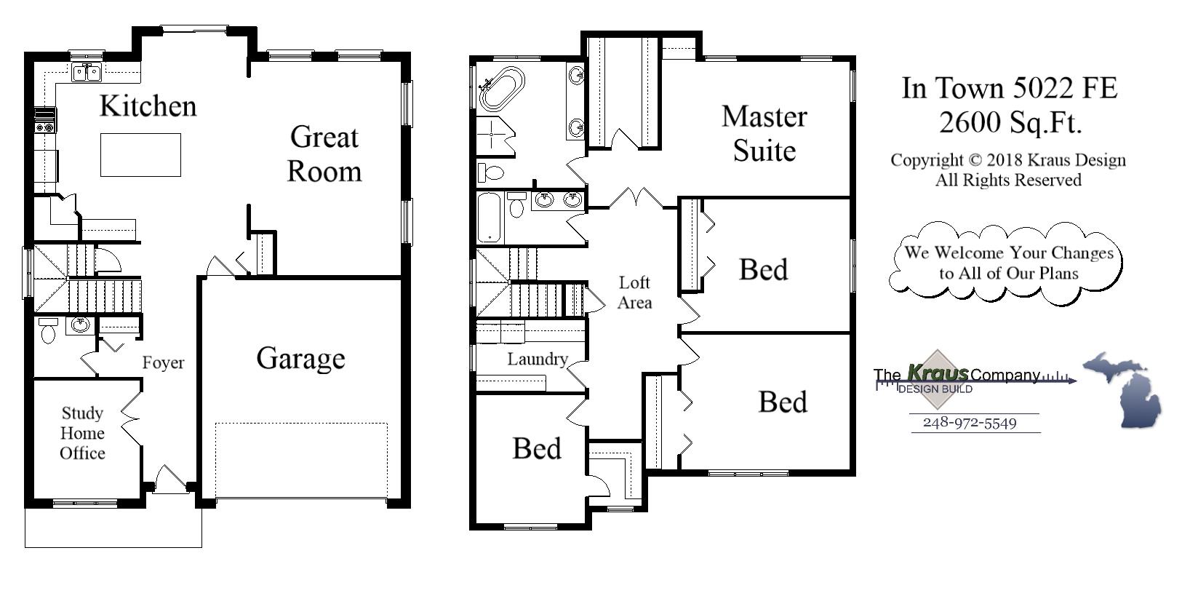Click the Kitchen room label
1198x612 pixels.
(x=148, y=106)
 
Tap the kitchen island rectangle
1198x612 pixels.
(x=140, y=154)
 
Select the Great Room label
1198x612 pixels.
(x=324, y=154)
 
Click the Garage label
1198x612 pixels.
(x=300, y=359)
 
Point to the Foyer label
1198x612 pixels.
(x=163, y=362)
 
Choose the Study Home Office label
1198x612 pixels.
(x=82, y=433)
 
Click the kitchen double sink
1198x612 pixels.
(x=87, y=73)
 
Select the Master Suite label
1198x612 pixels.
(x=764, y=133)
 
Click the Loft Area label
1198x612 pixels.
(x=634, y=292)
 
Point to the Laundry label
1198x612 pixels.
(x=537, y=359)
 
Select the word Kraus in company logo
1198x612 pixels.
(x=938, y=373)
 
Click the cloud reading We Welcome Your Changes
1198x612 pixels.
(x=1007, y=263)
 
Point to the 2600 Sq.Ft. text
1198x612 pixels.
(x=1010, y=122)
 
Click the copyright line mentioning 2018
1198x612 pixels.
(x=1007, y=160)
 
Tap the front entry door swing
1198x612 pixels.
(x=170, y=481)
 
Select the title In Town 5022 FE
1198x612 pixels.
(x=1010, y=88)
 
